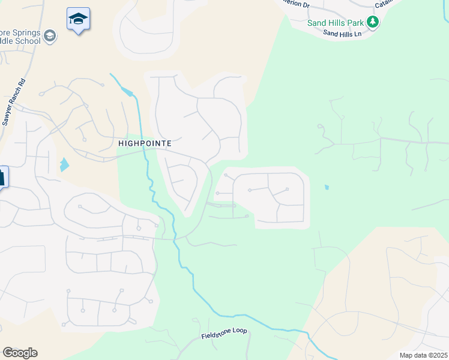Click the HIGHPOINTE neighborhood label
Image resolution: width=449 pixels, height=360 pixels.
tap(145, 143)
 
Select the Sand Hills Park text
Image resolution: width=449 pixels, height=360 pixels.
tap(336, 23)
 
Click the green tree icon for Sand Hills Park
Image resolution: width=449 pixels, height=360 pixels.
tap(373, 22)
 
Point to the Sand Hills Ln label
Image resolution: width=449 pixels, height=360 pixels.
tap(342, 34)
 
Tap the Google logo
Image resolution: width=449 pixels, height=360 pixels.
tap(20, 353)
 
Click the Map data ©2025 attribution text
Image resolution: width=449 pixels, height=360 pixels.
tap(423, 355)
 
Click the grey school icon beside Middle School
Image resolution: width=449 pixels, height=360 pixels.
tap(51, 37)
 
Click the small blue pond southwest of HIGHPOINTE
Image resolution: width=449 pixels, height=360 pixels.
tap(64, 164)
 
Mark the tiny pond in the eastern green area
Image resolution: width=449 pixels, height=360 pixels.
tap(326, 187)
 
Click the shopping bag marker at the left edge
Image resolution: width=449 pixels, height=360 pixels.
tap(2, 177)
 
